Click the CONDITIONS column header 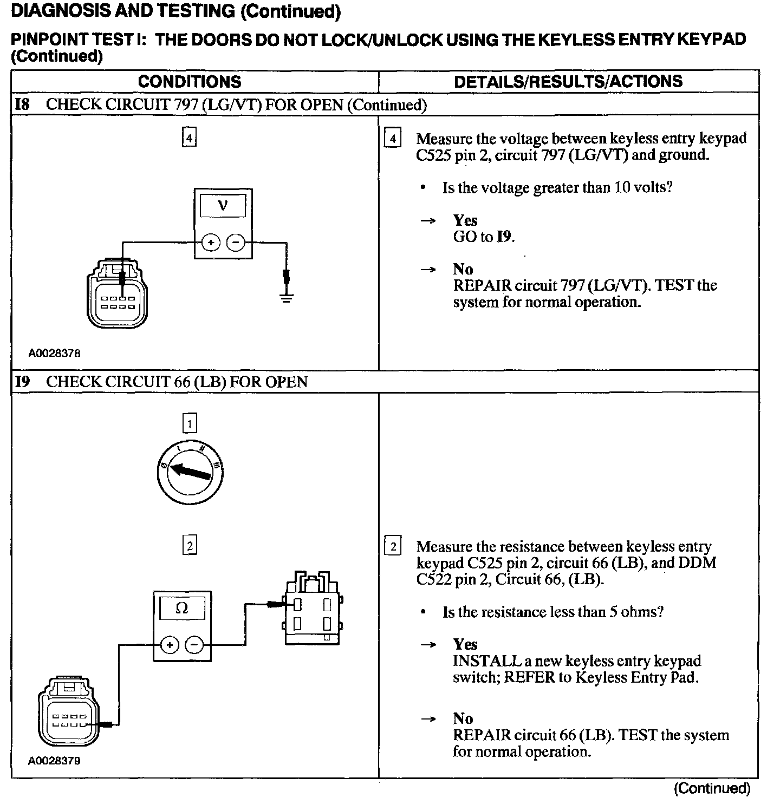[190, 82]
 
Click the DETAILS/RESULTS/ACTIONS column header [568, 82]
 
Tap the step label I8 [22, 104]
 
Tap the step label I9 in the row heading [22, 382]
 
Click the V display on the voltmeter [223, 206]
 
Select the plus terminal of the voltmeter [211, 243]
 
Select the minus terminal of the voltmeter [235, 243]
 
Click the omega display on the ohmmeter [182, 608]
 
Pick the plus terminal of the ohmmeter [170, 645]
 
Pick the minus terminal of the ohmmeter [194, 645]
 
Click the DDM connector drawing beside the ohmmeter [313, 609]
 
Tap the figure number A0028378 [54, 353]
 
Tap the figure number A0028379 [54, 761]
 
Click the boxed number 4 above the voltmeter [189, 138]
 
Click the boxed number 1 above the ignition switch [190, 423]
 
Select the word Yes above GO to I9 [465, 220]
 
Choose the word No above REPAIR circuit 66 [463, 718]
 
